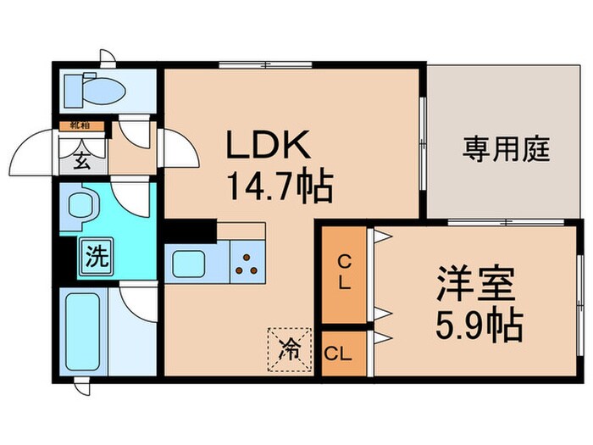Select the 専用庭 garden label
(507, 150)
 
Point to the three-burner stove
(247, 264)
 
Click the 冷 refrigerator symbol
(289, 348)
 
